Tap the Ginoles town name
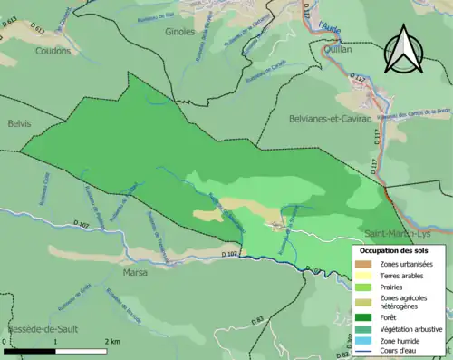(x=180, y=32)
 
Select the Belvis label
(x=17, y=122)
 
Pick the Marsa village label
(x=134, y=271)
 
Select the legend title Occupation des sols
(x=394, y=249)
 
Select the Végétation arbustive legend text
(x=410, y=328)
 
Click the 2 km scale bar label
(x=112, y=341)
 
